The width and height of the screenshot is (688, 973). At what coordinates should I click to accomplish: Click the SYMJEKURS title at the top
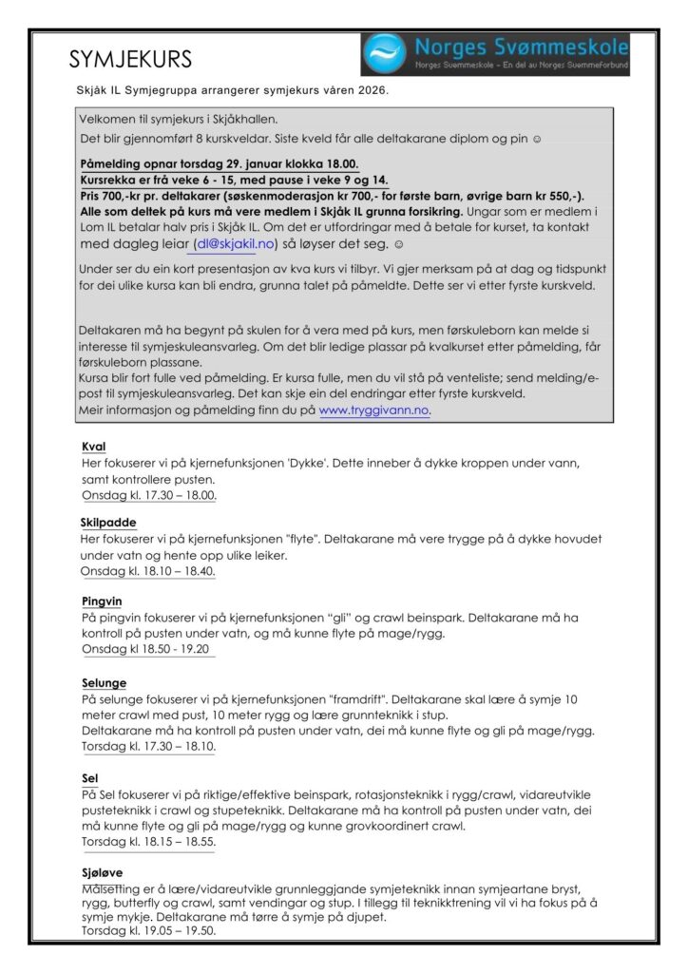(x=130, y=59)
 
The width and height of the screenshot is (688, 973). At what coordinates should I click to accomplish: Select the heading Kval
(x=93, y=447)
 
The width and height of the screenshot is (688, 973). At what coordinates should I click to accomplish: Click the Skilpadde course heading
(x=108, y=523)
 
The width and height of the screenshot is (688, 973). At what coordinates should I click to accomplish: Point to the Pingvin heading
(x=102, y=601)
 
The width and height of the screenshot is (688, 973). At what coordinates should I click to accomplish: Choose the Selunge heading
(x=104, y=683)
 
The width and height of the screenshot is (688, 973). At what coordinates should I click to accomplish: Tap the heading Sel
(x=89, y=778)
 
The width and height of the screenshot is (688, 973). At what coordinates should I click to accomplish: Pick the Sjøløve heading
(x=103, y=871)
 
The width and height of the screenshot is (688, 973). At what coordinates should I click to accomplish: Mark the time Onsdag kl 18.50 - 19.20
(x=145, y=649)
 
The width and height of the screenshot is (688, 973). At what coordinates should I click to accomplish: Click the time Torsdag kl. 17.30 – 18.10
(x=148, y=746)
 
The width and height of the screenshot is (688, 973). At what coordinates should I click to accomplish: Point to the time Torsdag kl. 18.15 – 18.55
(x=148, y=841)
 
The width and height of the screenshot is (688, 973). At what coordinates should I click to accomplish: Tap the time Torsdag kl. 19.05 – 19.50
(x=148, y=931)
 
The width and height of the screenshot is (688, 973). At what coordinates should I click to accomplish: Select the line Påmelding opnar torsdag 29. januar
(x=220, y=162)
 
